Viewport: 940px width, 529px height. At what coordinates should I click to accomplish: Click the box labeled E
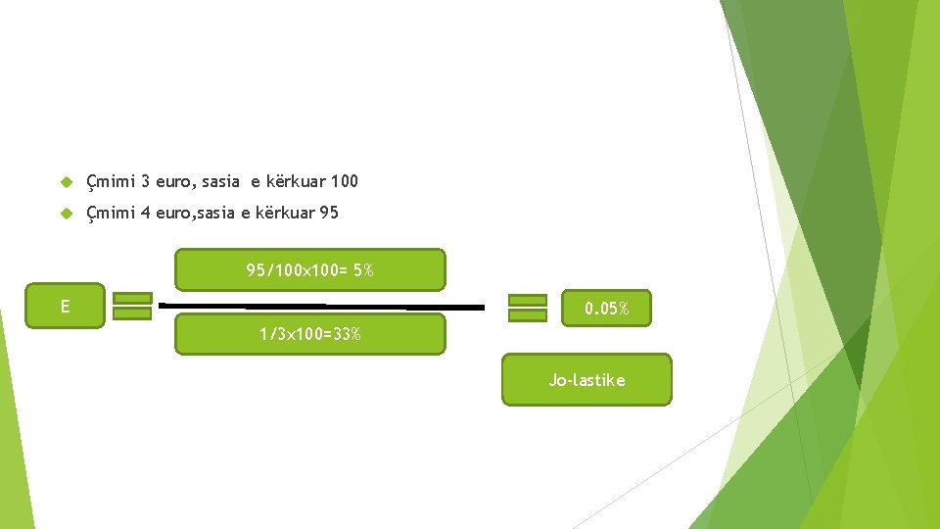pos(65,307)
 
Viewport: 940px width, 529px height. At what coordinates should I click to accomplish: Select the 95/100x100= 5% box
pos(309,270)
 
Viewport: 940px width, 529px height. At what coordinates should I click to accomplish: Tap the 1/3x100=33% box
pos(309,334)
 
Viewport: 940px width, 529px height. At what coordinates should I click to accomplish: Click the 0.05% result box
pos(606,309)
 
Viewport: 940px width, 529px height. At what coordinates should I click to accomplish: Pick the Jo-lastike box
pos(587,380)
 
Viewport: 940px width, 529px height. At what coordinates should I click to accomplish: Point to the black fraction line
pos(321,307)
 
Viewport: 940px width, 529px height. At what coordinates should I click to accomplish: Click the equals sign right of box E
pos(132,306)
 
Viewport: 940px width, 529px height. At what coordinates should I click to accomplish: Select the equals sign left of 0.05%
pos(528,308)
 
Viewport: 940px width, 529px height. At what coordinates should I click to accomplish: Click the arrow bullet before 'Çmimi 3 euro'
pos(66,182)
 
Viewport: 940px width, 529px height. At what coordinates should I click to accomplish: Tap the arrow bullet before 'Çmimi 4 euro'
pos(66,213)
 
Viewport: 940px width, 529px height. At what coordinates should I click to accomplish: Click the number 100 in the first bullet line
pos(345,181)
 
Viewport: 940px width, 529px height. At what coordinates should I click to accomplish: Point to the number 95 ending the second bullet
pos(329,212)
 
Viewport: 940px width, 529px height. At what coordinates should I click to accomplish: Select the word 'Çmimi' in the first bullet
pos(110,182)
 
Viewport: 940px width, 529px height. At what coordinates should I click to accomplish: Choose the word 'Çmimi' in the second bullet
pos(110,213)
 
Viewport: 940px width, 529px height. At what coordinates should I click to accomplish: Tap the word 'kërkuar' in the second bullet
pos(284,212)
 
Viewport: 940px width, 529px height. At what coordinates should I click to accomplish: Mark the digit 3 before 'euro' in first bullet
pos(145,181)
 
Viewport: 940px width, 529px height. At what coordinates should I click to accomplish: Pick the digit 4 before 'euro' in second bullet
pos(145,212)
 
